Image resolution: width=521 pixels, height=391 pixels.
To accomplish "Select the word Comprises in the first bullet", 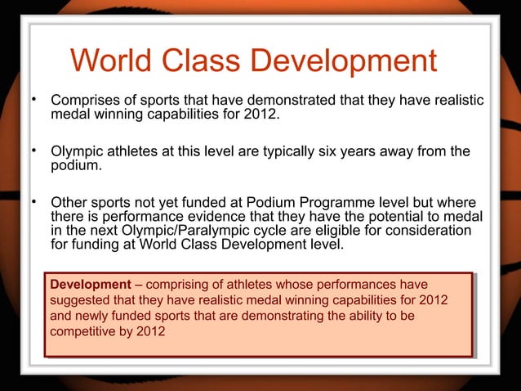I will (87, 101).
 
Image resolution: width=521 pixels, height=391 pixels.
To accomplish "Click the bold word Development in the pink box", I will (88, 284).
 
